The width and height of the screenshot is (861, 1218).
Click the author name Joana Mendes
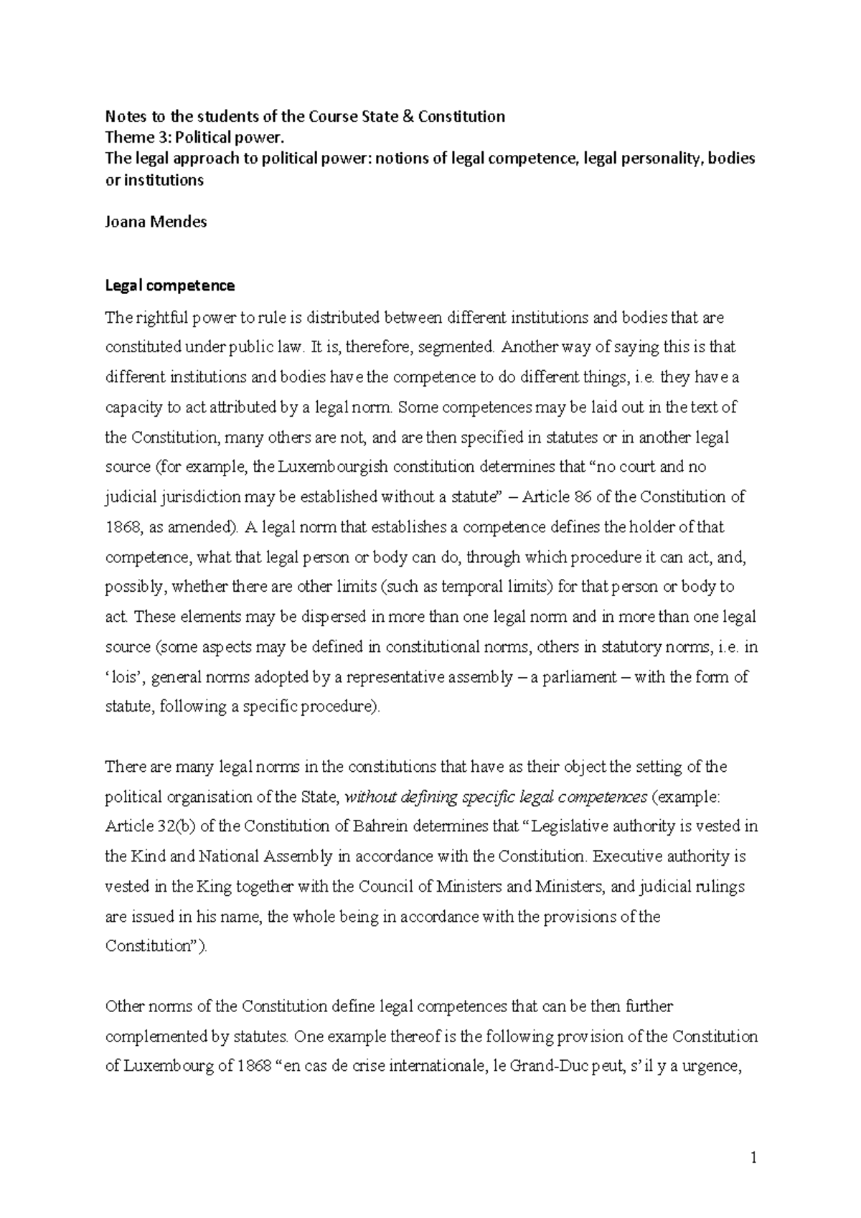(x=156, y=222)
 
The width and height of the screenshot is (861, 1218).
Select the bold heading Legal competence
(x=169, y=285)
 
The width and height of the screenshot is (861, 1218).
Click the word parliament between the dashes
(x=583, y=677)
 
